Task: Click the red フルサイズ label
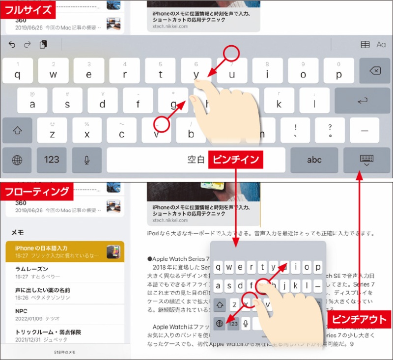click(x=28, y=9)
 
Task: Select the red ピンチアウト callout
click(x=359, y=320)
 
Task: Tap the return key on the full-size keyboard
click(x=362, y=101)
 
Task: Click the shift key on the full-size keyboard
click(x=17, y=131)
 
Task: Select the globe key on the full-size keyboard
click(x=17, y=160)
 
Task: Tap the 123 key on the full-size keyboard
click(x=52, y=160)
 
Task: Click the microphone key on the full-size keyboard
click(x=87, y=160)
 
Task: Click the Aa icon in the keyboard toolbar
click(x=381, y=45)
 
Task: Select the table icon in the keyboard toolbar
click(x=365, y=45)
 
